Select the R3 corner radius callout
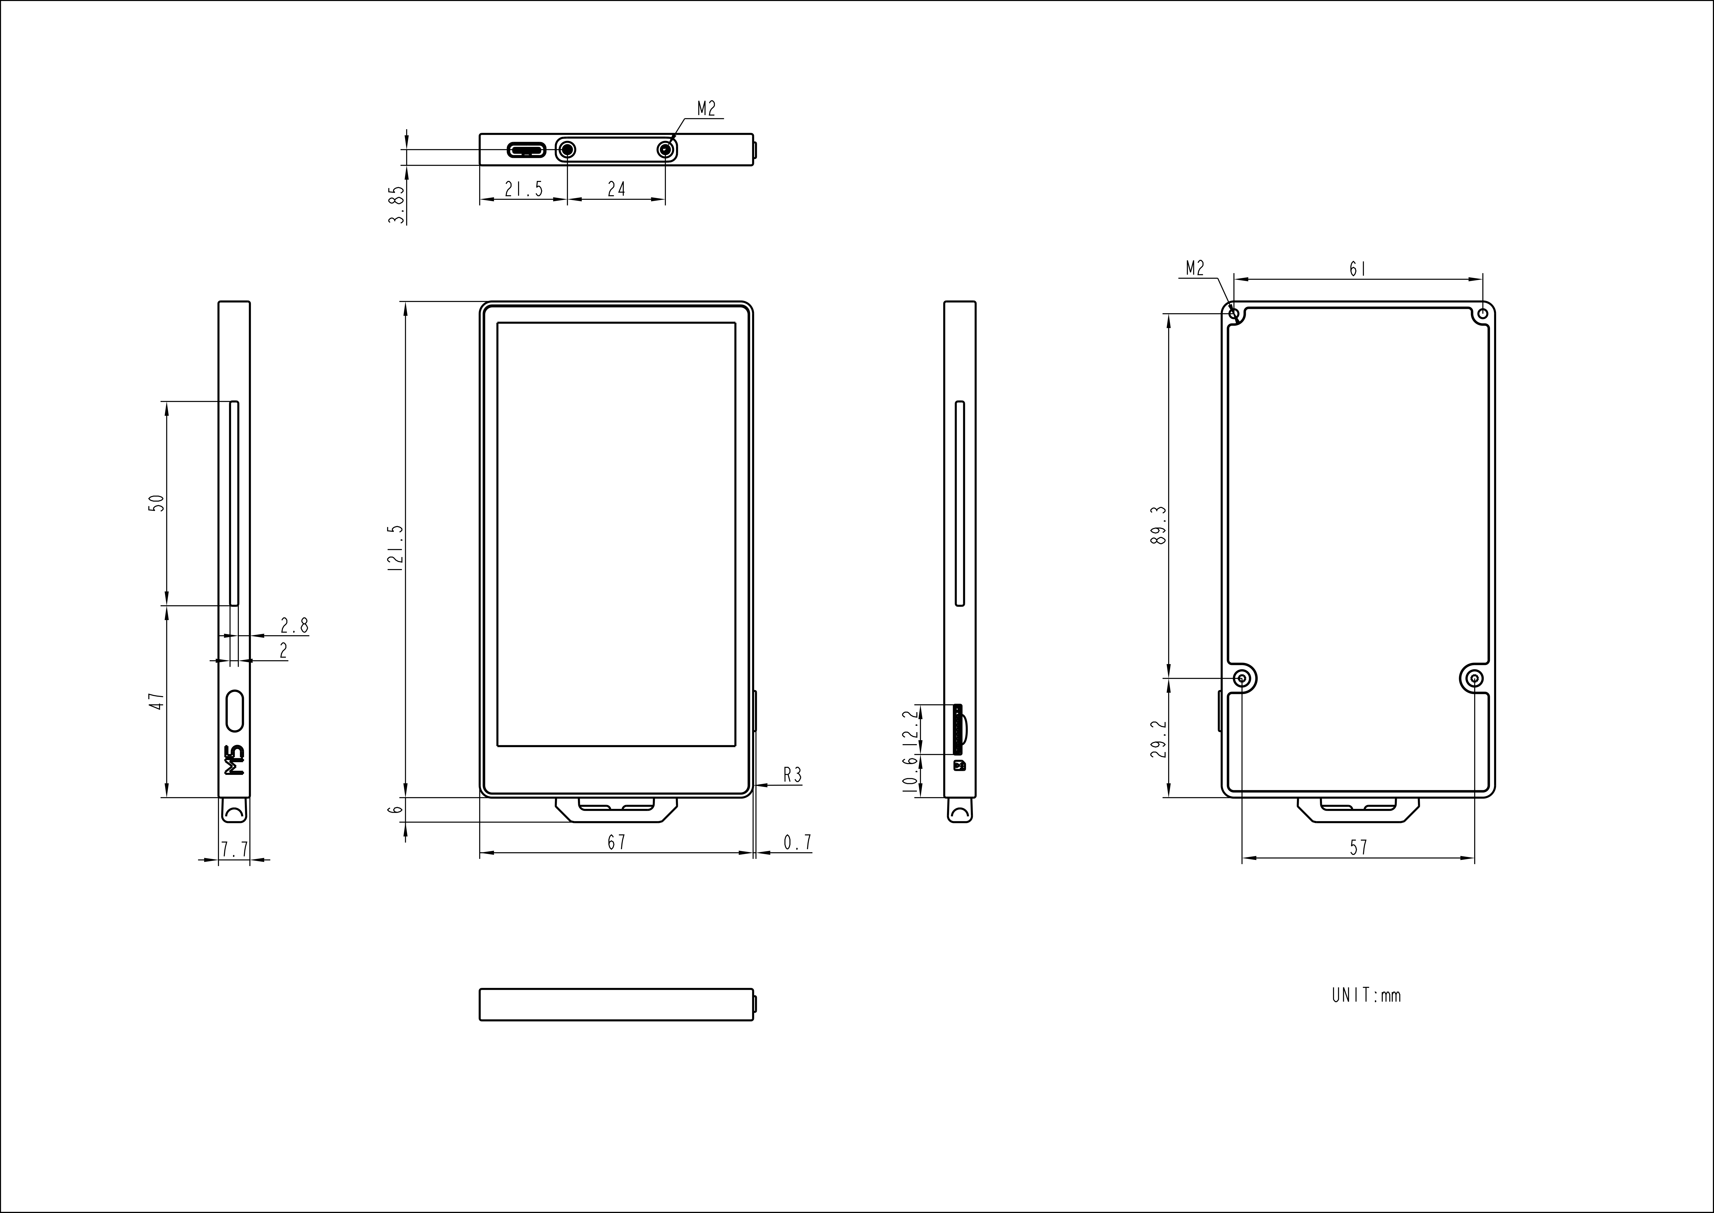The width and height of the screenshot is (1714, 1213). coord(792,775)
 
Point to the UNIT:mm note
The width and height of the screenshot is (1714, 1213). coord(1366,995)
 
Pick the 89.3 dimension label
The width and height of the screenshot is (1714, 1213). coord(1159,525)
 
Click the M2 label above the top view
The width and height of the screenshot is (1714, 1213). coord(706,109)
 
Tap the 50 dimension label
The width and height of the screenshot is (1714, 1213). coord(157,503)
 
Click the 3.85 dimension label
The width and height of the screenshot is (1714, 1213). coord(397,205)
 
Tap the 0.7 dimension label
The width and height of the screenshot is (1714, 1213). coord(797,842)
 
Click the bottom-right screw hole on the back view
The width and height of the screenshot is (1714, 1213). coord(1474,678)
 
